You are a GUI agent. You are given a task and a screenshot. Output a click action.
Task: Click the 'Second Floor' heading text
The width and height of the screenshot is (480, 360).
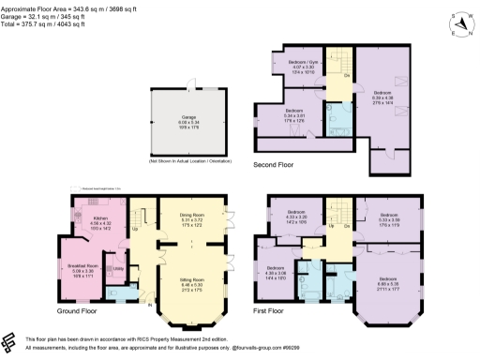click(x=274, y=165)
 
